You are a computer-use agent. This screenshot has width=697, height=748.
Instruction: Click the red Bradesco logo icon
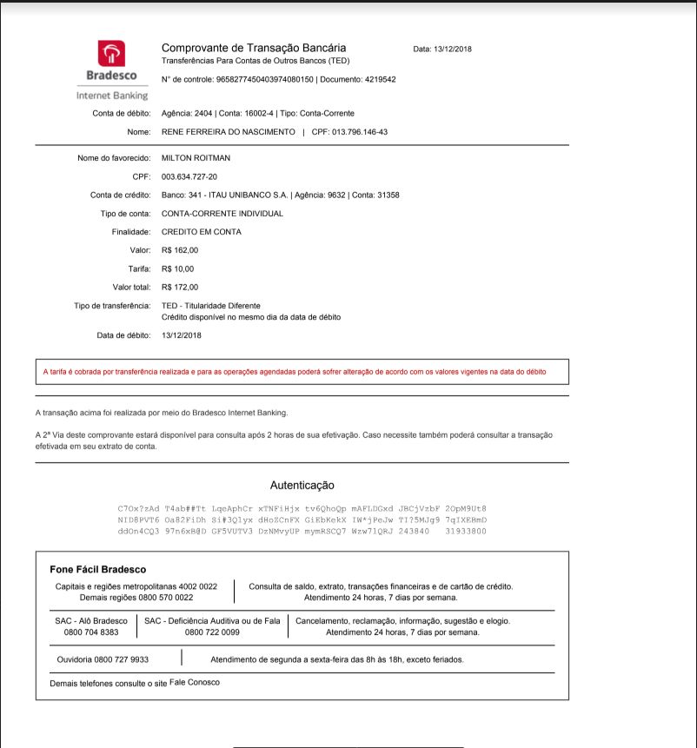point(110,54)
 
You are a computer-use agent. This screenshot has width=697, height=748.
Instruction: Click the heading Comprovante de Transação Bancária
point(254,48)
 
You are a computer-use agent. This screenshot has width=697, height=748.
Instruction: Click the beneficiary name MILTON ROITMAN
point(196,158)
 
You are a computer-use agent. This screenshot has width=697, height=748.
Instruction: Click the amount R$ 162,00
point(180,250)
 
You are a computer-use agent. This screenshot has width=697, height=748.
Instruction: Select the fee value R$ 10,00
point(178,268)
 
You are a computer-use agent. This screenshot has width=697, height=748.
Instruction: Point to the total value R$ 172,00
point(180,287)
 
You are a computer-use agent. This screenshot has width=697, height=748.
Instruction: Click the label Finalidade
point(132,232)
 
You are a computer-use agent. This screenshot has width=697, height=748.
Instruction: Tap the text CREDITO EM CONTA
point(202,232)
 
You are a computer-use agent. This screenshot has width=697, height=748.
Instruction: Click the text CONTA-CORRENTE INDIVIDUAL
point(222,214)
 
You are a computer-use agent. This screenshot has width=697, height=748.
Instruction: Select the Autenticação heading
point(302,486)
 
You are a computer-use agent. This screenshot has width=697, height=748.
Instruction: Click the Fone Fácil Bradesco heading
point(98,570)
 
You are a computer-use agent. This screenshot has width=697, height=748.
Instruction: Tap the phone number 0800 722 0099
point(212,632)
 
